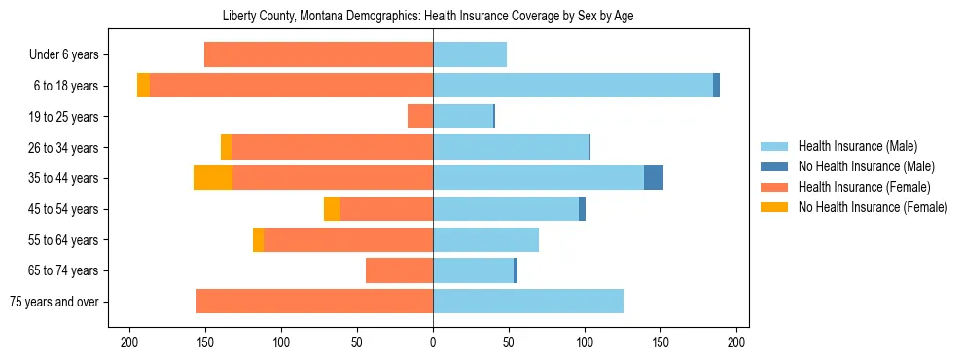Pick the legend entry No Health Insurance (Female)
[873, 207]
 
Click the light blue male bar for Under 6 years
[470, 55]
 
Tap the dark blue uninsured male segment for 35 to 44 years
[654, 178]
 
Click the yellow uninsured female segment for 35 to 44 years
[213, 178]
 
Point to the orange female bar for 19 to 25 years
[420, 117]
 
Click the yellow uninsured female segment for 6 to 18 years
[143, 86]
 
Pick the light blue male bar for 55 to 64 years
[485, 239]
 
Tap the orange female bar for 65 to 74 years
[399, 270]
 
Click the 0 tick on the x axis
[433, 342]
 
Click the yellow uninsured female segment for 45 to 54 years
[332, 209]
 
